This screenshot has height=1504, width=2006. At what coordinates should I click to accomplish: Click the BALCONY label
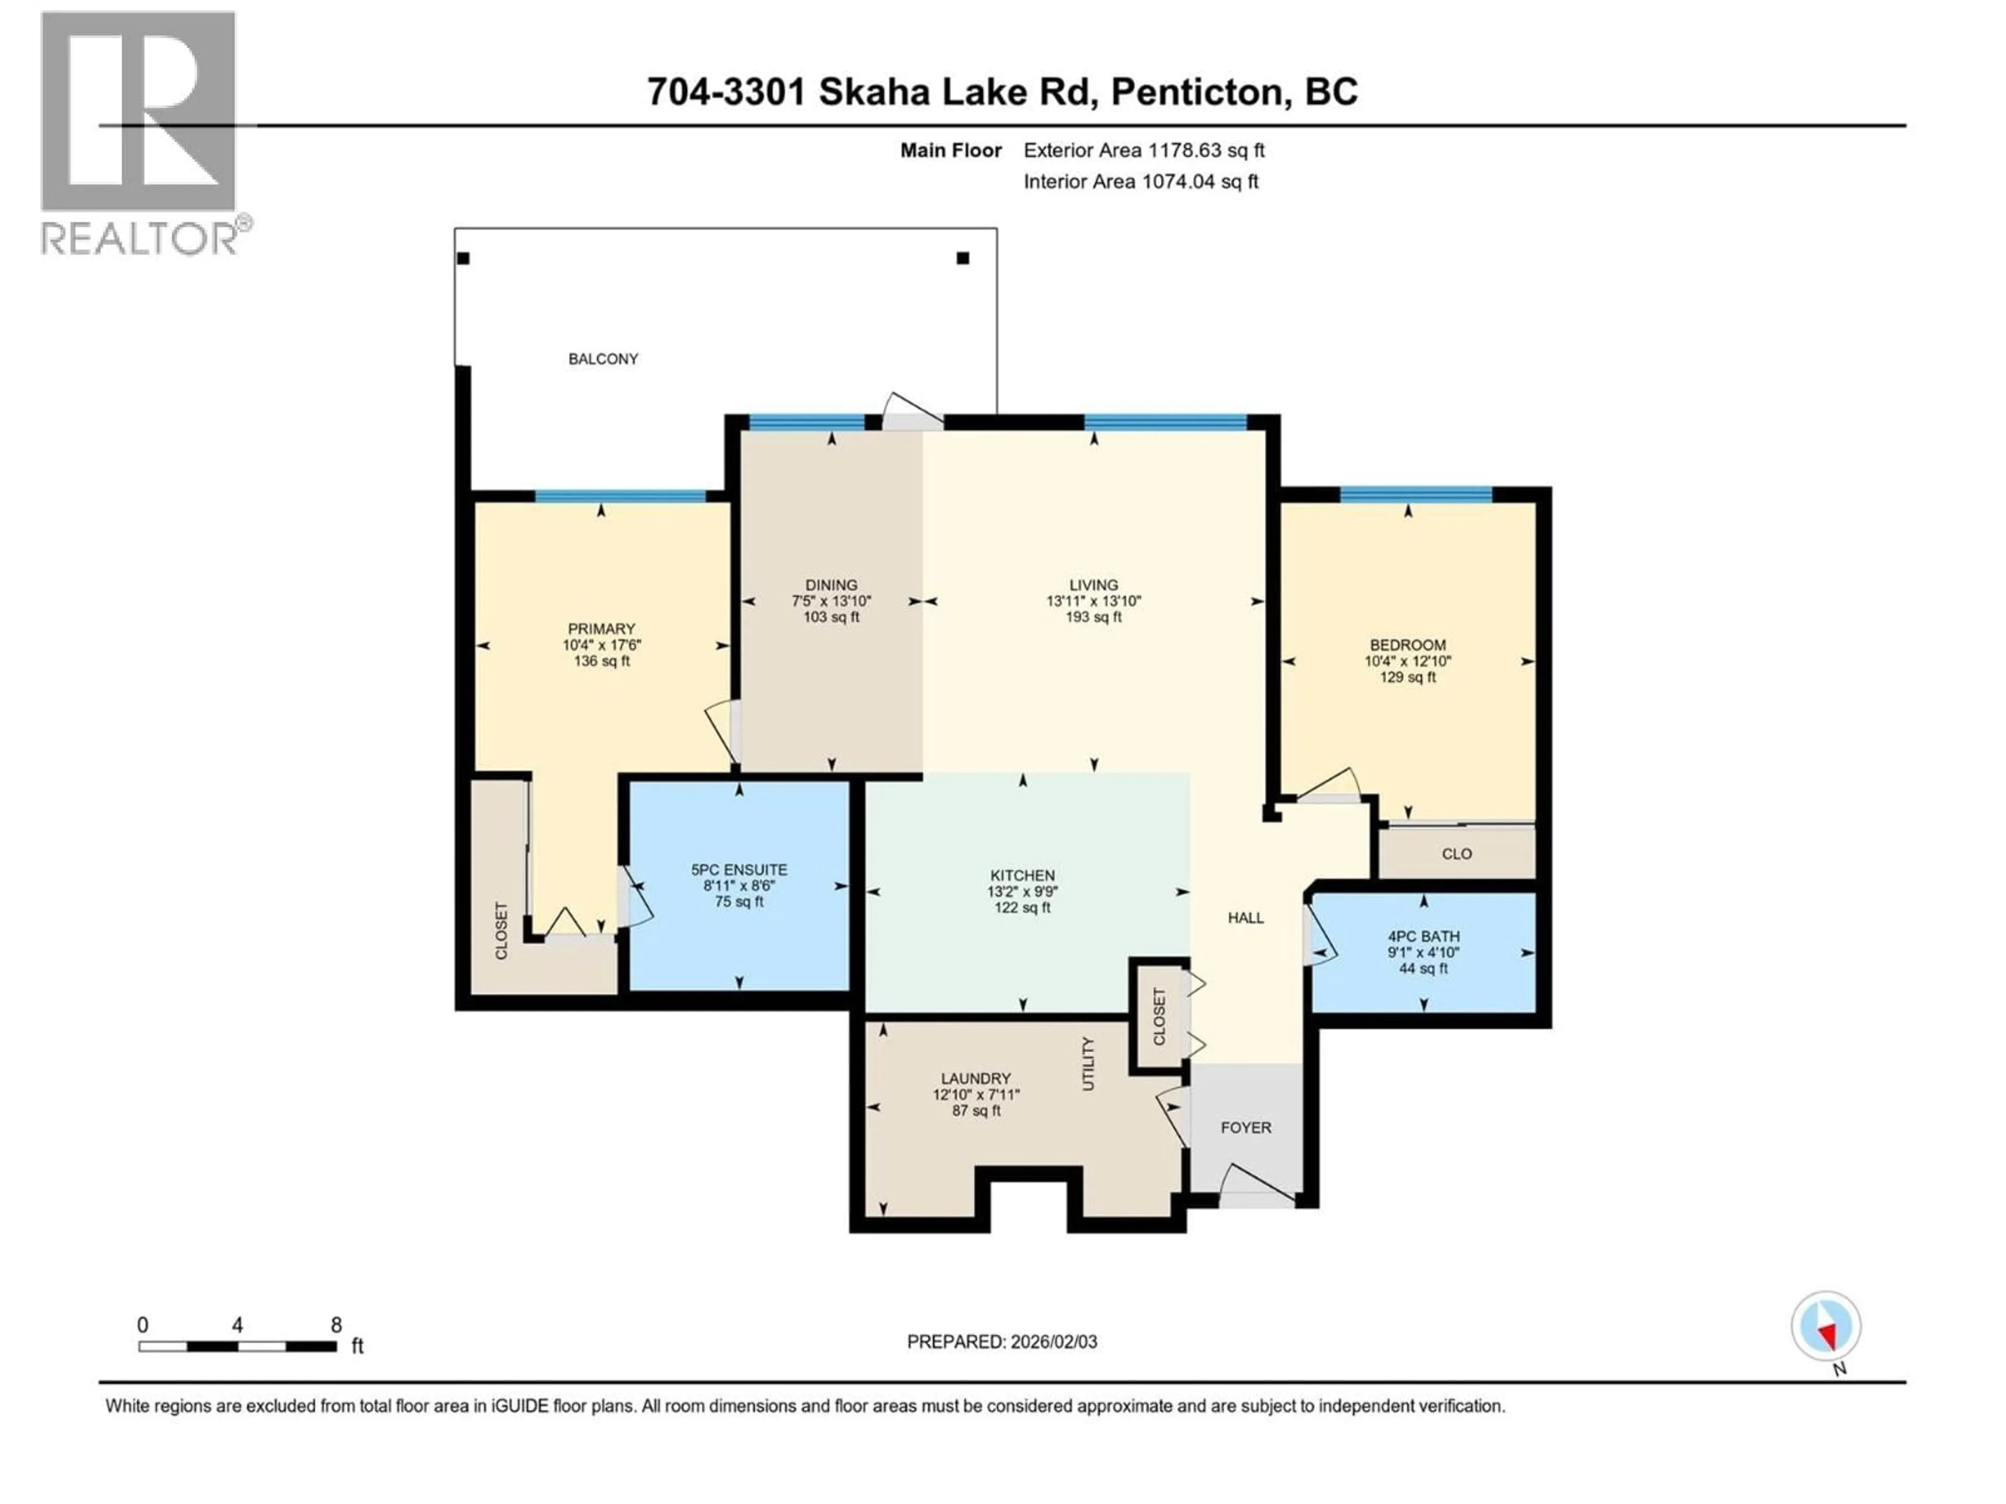(x=603, y=359)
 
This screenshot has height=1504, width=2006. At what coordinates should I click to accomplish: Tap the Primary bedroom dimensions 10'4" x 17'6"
(x=601, y=645)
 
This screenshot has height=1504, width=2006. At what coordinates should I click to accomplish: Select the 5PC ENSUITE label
(x=739, y=869)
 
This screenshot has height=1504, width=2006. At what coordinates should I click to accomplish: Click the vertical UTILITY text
(x=1088, y=1063)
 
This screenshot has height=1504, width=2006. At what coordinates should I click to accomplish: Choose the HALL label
(x=1245, y=918)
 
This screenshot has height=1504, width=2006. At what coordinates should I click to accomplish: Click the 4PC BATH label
(x=1423, y=936)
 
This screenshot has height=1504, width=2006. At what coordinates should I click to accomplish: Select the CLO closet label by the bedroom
(x=1456, y=854)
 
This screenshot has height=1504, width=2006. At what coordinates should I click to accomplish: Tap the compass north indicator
(x=1826, y=1326)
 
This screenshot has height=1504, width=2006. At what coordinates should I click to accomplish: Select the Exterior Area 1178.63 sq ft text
(x=1144, y=150)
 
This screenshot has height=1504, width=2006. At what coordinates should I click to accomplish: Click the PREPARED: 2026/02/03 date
(x=1001, y=1342)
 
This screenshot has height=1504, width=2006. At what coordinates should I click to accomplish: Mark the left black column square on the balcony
(x=463, y=258)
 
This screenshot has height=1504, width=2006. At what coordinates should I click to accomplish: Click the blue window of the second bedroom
(x=1416, y=494)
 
